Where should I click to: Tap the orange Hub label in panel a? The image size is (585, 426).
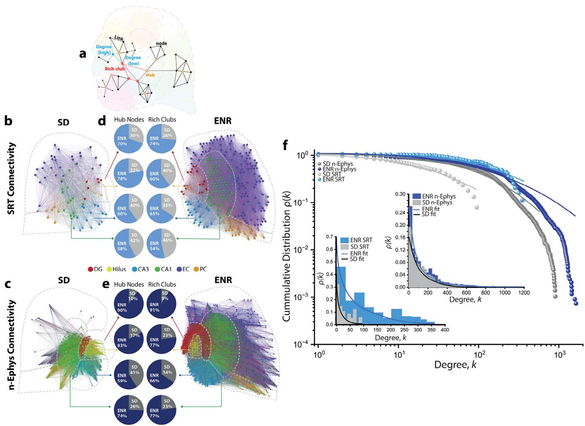(x=150, y=75)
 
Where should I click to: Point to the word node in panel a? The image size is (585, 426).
(x=162, y=43)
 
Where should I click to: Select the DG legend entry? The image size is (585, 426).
(x=95, y=269)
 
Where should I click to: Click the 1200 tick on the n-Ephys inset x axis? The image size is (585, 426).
(x=524, y=292)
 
